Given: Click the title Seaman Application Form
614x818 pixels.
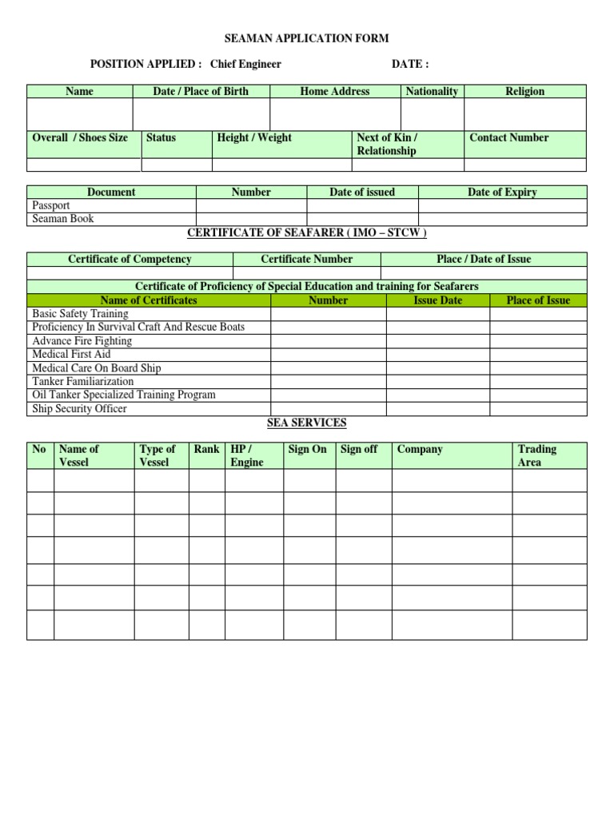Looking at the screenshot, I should [x=307, y=38].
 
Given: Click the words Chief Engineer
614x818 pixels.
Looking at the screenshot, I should [x=245, y=65].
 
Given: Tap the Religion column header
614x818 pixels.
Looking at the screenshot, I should [x=524, y=91].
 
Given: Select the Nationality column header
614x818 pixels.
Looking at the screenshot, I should [x=432, y=91].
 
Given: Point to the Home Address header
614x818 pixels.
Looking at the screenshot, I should [x=335, y=91].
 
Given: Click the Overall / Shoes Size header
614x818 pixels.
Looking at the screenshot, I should [x=80, y=137].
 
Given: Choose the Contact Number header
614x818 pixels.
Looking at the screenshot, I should [x=509, y=137].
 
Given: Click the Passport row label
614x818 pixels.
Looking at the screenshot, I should [x=51, y=205].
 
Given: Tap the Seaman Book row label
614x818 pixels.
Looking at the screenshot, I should [x=63, y=218].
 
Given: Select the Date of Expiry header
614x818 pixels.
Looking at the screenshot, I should [x=502, y=192].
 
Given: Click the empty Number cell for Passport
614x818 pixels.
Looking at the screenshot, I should [x=252, y=205].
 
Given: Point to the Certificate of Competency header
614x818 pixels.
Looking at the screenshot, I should [x=130, y=259].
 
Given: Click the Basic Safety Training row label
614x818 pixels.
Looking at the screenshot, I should [x=80, y=314].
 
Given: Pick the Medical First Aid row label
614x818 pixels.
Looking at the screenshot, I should [x=71, y=354].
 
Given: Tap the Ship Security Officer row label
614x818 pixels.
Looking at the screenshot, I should [x=79, y=408].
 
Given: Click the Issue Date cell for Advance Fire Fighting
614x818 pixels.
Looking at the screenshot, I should [x=437, y=341].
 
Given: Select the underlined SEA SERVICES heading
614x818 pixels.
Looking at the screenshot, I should [x=307, y=423].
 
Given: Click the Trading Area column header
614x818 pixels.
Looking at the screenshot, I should [x=537, y=455].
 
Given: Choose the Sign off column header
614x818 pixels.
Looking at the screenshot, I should [x=359, y=449].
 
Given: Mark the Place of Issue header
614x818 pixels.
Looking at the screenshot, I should [x=538, y=300].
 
